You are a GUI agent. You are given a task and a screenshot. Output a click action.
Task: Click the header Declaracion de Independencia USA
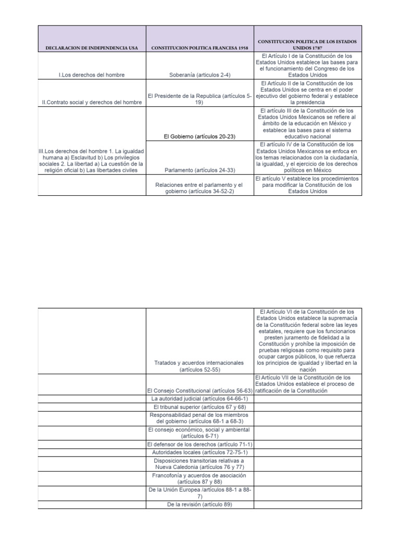[x=92, y=48]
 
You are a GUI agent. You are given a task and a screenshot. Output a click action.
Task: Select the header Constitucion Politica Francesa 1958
[x=201, y=48]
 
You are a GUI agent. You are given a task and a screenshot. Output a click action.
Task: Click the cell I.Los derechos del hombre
[x=92, y=75]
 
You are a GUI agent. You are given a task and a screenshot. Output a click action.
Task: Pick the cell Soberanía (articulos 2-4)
[x=201, y=75]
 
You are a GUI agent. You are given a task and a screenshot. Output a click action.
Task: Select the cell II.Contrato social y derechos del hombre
[x=92, y=102]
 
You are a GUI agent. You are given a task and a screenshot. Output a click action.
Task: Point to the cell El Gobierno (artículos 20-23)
[x=201, y=136]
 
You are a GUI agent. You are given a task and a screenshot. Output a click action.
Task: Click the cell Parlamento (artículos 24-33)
[x=201, y=170]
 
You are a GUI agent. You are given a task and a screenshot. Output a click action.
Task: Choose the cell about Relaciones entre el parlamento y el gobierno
[x=201, y=188]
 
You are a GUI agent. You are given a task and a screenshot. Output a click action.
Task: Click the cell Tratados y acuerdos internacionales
[x=201, y=366]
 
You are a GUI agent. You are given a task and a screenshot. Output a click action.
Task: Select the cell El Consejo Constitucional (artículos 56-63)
[x=201, y=390]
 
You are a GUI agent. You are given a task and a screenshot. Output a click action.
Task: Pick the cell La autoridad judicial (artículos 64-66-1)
[x=201, y=398]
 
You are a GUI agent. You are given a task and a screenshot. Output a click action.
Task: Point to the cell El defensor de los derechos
[x=201, y=445]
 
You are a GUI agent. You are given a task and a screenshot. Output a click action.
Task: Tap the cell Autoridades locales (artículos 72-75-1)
[x=201, y=453]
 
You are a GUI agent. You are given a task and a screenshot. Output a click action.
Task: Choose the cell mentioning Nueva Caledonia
[x=201, y=464]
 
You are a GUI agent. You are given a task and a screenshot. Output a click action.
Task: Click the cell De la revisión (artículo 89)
[x=201, y=504]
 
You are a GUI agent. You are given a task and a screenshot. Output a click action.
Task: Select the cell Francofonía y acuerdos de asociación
[x=201, y=478]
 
